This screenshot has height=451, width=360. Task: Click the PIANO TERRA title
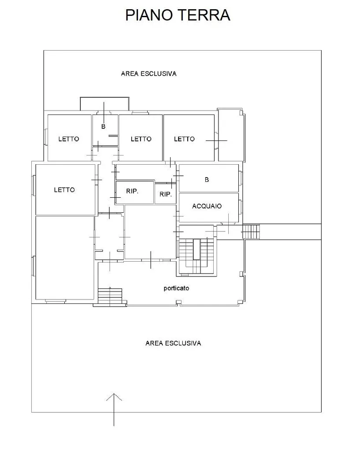point(178,15)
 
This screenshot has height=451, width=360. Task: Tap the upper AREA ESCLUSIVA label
point(148,74)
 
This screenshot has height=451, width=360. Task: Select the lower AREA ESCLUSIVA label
point(173,343)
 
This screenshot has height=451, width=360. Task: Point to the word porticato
point(176,288)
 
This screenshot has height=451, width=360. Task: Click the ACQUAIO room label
point(207,206)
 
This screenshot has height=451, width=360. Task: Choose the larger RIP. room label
point(132,191)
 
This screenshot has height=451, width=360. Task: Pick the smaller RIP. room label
point(166,194)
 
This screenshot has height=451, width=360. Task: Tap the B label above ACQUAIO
point(207,180)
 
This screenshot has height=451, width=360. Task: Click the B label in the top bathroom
point(103,126)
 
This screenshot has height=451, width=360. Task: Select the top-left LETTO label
point(68,139)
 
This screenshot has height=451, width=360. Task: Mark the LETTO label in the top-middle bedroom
point(141,139)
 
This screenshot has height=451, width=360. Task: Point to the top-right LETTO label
point(184,139)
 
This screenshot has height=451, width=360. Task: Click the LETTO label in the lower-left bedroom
point(64,190)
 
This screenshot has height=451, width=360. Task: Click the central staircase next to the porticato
point(196,256)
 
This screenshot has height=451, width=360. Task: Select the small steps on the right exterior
point(251,232)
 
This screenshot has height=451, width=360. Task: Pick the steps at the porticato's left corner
point(110,296)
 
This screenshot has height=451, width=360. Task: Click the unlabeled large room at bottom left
point(65,258)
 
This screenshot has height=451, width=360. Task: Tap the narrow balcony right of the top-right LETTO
point(230,135)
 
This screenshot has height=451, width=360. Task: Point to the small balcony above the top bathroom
point(104,104)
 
